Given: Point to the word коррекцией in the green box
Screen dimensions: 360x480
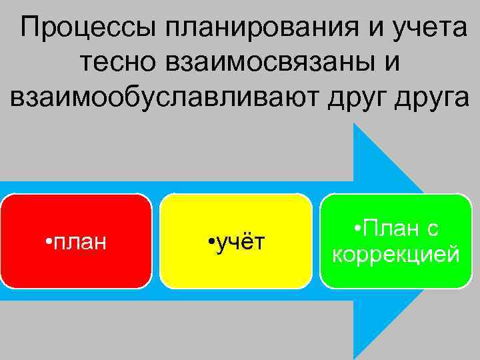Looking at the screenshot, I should (396, 255).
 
